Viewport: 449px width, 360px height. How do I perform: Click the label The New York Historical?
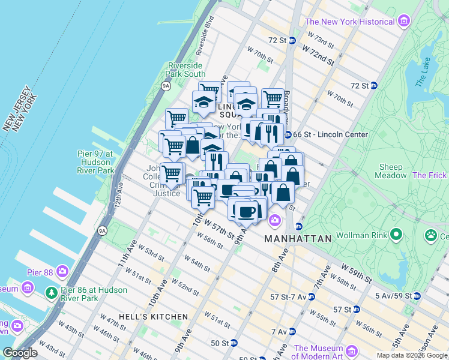[350, 22]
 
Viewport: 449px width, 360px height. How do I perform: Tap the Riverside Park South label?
[186, 70]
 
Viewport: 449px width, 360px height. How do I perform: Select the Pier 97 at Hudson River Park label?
[95, 162]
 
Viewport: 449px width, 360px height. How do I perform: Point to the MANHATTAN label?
[298, 239]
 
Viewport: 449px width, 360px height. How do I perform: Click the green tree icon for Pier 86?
[52, 294]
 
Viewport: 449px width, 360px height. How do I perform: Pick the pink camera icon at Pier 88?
[62, 271]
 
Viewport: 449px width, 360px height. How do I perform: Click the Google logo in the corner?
[20, 353]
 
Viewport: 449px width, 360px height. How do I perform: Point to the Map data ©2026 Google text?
[411, 355]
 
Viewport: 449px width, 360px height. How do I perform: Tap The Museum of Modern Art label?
[327, 352]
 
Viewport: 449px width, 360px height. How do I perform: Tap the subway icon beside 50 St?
[234, 343]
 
